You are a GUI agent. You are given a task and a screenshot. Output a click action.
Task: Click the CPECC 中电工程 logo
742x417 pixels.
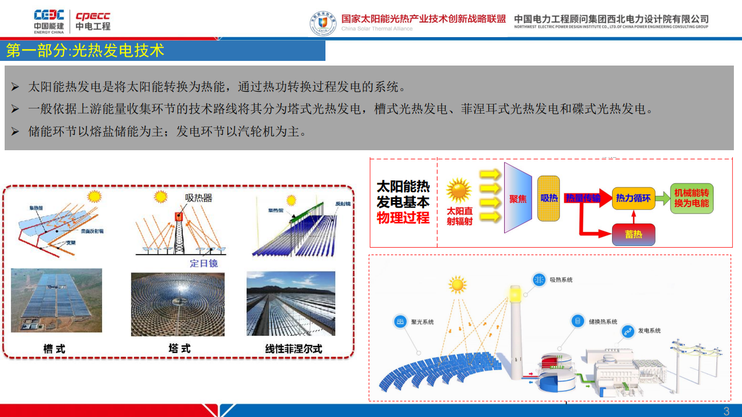(x=93, y=21)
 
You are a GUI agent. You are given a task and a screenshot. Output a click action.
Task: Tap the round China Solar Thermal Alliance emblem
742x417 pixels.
(x=323, y=23)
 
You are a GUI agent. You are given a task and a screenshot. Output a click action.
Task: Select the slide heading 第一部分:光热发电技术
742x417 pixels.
(x=85, y=50)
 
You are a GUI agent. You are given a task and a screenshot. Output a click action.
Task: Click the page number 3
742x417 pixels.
(x=726, y=411)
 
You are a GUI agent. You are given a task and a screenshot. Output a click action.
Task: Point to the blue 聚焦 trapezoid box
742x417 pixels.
(x=518, y=198)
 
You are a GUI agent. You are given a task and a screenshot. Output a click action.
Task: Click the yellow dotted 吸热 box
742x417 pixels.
(x=549, y=198)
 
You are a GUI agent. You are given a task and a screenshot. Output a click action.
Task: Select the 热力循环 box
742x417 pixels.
(x=634, y=198)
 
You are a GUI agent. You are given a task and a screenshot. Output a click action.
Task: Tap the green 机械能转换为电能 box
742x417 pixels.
(x=692, y=198)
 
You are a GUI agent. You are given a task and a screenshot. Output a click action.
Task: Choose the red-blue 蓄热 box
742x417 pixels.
(x=633, y=234)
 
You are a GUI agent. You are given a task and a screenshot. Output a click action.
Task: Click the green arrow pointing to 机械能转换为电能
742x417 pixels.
(x=663, y=198)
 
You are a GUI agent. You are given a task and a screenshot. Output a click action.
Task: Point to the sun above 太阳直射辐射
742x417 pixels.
(x=459, y=190)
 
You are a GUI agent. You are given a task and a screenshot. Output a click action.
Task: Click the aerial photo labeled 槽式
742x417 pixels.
(x=56, y=300)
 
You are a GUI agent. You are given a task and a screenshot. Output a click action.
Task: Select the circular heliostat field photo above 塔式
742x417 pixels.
(x=178, y=304)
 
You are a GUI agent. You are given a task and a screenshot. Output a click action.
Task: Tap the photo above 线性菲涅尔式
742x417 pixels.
(x=291, y=303)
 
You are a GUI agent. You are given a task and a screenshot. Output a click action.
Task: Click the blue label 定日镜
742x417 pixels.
(x=204, y=263)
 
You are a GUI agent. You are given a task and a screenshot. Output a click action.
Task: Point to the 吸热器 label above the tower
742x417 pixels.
(x=198, y=198)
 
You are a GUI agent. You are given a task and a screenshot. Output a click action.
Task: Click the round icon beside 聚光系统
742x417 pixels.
(x=400, y=322)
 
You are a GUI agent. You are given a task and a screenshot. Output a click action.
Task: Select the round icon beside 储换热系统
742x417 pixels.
(x=577, y=321)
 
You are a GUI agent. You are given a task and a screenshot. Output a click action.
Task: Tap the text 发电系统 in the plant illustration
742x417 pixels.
(x=649, y=331)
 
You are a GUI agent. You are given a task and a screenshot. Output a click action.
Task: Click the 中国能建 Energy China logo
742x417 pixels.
(x=49, y=21)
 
